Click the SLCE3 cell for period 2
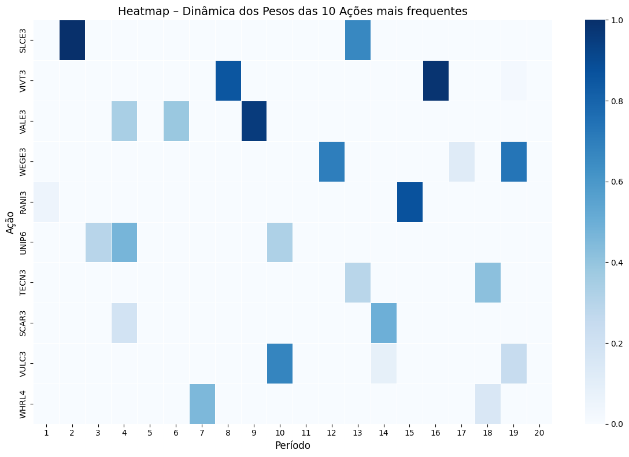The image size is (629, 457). pyautogui.click(x=72, y=40)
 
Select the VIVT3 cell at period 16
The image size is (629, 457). pyautogui.click(x=435, y=80)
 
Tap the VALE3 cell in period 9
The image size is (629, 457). pyautogui.click(x=254, y=121)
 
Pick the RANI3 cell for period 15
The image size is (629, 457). pyautogui.click(x=409, y=202)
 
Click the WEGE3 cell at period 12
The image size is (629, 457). pyautogui.click(x=332, y=161)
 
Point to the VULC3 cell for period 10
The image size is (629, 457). pyautogui.click(x=280, y=363)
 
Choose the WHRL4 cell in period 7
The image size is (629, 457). pyautogui.click(x=202, y=404)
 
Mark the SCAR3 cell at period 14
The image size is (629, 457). pyautogui.click(x=383, y=323)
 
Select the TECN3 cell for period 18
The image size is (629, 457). pyautogui.click(x=487, y=282)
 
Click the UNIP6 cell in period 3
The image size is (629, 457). pyautogui.click(x=98, y=242)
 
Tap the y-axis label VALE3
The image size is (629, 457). pyautogui.click(x=23, y=121)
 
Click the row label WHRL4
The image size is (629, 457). pyautogui.click(x=23, y=404)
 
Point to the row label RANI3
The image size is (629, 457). pyautogui.click(x=23, y=202)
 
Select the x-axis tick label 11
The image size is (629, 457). pyautogui.click(x=305, y=433)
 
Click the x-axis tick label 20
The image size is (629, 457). pyautogui.click(x=539, y=433)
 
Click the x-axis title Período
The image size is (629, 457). pyautogui.click(x=293, y=446)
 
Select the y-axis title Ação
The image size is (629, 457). pyautogui.click(x=10, y=222)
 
